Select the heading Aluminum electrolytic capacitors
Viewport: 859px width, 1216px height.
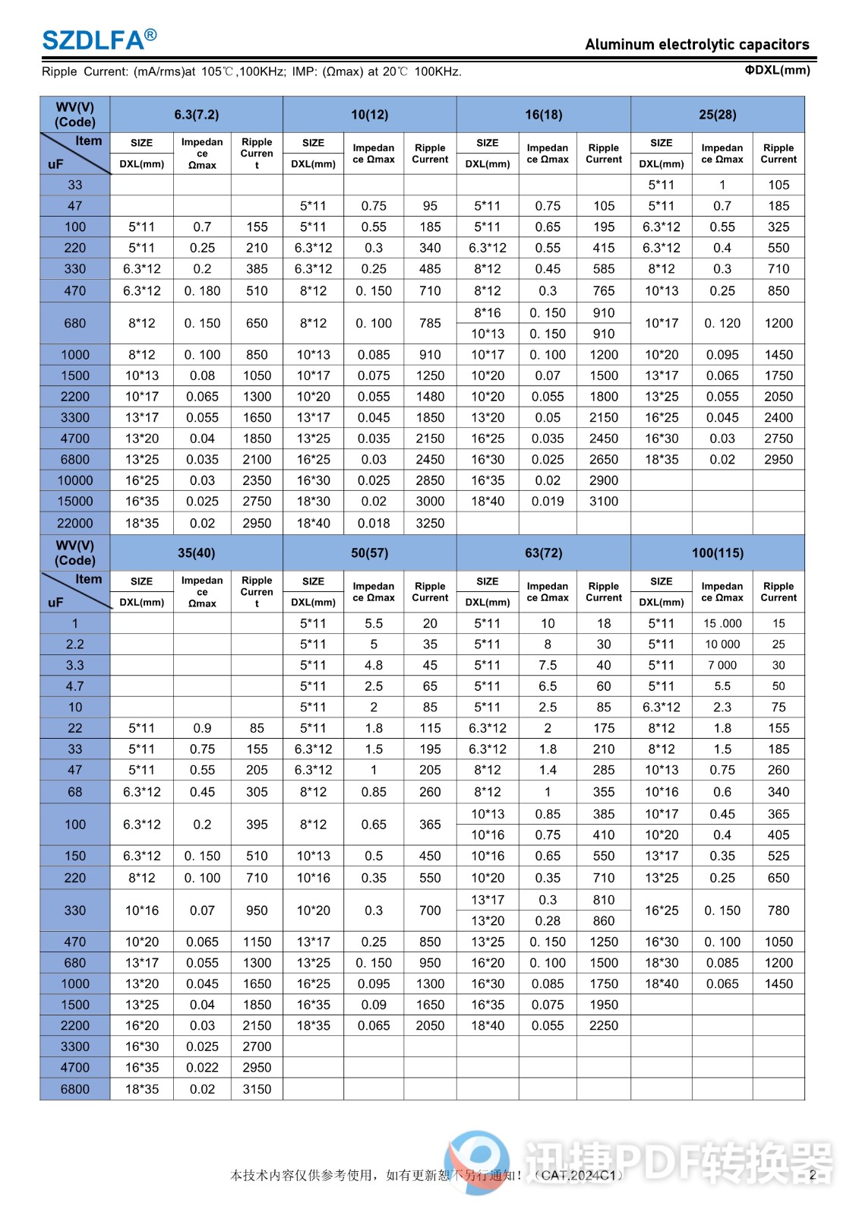tap(696, 44)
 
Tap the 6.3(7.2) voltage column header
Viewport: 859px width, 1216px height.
tap(196, 115)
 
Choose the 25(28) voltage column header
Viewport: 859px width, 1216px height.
tap(717, 115)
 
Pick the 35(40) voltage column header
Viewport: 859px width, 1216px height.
tap(196, 553)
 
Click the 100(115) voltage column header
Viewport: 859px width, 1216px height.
tap(717, 553)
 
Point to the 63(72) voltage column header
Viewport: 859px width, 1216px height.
tap(543, 553)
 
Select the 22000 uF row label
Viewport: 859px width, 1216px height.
tap(75, 523)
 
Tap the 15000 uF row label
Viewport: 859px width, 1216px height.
tap(75, 502)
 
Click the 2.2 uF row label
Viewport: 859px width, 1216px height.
tap(75, 644)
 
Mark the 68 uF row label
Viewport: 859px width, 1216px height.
tap(75, 792)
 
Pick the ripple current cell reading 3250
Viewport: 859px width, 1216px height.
tap(430, 523)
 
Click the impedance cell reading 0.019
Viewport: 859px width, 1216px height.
tap(548, 502)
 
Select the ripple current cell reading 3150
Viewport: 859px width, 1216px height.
tap(257, 1089)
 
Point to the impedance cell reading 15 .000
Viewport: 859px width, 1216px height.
tap(722, 623)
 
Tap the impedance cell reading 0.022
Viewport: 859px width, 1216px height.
tap(202, 1068)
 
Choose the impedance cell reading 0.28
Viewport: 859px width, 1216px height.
tap(548, 921)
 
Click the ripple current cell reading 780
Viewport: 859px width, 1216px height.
tap(778, 910)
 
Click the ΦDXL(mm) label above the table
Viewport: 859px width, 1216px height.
tap(777, 70)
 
